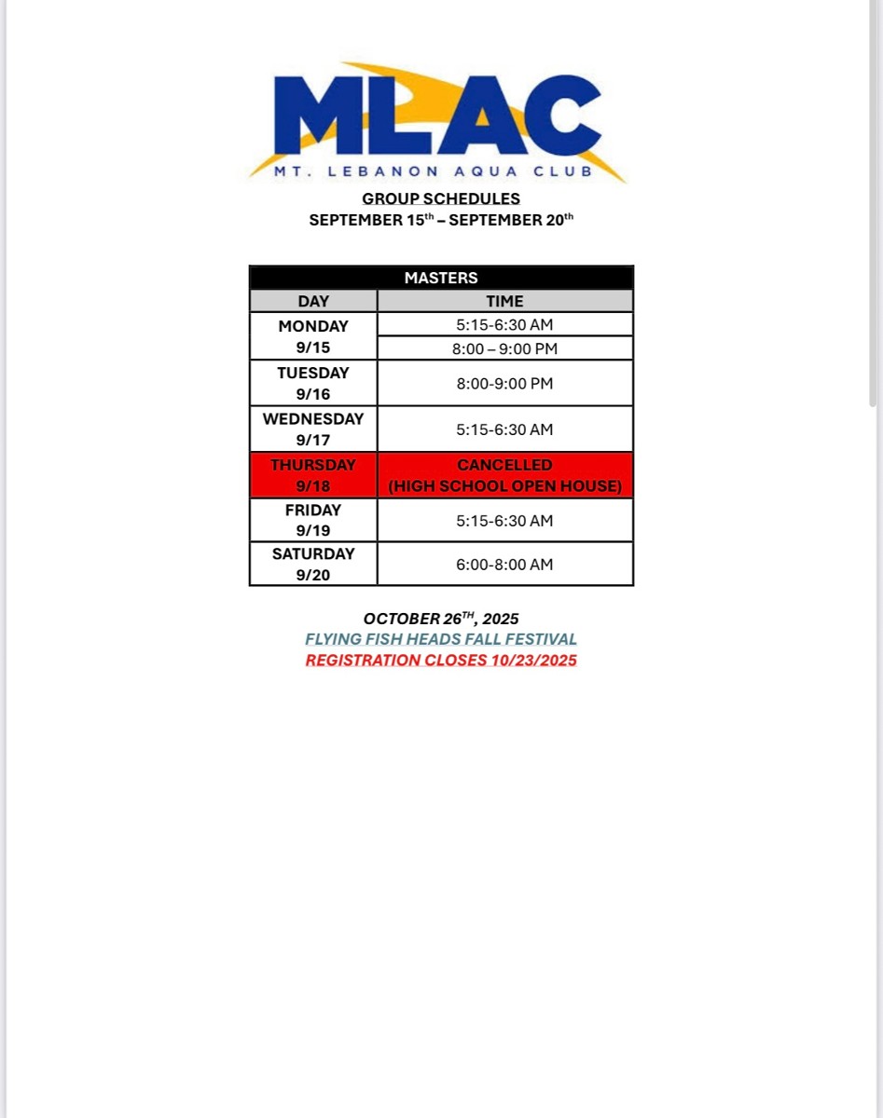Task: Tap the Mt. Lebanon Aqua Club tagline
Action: [433, 171]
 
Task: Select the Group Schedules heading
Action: [441, 198]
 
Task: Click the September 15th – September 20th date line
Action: [441, 221]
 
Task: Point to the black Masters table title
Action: [441, 278]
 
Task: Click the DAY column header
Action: [313, 301]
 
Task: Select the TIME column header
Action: [504, 301]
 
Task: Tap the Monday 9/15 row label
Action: [313, 336]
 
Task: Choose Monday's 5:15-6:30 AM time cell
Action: [504, 325]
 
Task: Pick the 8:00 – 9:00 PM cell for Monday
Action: [504, 348]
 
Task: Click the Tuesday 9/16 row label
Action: [313, 383]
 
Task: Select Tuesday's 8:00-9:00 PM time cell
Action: [504, 383]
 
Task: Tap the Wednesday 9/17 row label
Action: [313, 429]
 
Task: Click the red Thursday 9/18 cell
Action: [313, 475]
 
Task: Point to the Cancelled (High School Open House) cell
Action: [504, 475]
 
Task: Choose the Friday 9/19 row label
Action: [313, 520]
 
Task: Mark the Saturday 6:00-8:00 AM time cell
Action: [504, 564]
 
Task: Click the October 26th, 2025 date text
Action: [441, 619]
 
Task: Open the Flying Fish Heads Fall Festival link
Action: [441, 639]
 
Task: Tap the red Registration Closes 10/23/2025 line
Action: [441, 661]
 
